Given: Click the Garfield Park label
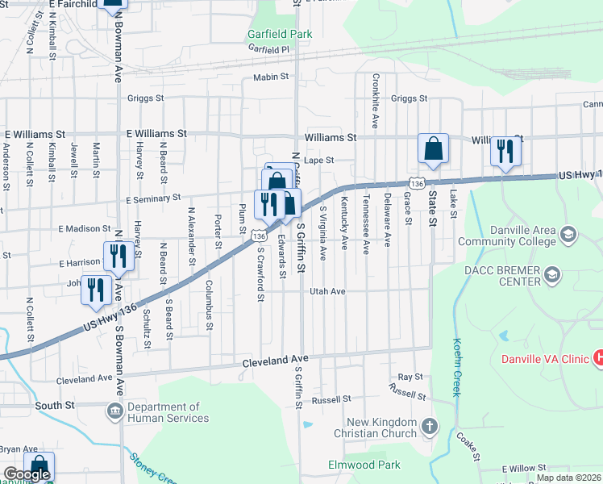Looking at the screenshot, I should (279, 35).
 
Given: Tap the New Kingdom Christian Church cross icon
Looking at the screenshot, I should (430, 426).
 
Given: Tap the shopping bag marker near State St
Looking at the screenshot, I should (433, 149).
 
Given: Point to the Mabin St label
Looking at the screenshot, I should (271, 77).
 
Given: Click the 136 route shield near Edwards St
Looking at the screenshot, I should (258, 236).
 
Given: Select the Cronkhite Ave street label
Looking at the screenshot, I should (376, 102).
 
